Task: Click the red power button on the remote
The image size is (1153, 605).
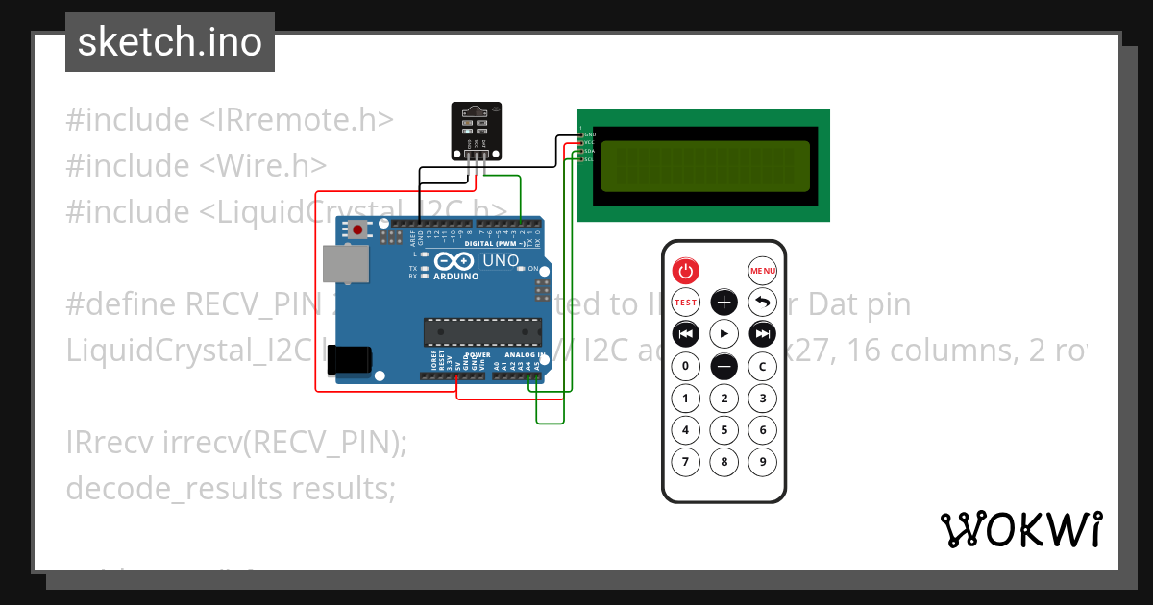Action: (x=685, y=271)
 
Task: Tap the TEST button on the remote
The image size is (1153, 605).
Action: (x=685, y=302)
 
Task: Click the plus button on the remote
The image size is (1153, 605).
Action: (x=724, y=302)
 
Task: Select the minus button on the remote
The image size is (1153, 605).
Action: (x=724, y=366)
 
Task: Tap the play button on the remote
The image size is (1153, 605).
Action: (x=724, y=334)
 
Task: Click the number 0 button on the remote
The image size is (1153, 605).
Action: (x=685, y=366)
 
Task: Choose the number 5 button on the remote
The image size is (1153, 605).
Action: (x=724, y=429)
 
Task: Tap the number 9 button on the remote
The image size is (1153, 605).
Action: (x=762, y=462)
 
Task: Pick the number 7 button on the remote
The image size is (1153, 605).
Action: (x=685, y=462)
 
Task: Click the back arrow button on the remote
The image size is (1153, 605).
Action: (x=762, y=302)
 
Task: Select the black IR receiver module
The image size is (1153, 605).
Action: (x=477, y=131)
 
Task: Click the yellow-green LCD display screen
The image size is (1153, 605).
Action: (x=703, y=165)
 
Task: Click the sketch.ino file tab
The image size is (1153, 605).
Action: (x=170, y=42)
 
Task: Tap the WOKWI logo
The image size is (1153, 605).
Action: (x=1021, y=529)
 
